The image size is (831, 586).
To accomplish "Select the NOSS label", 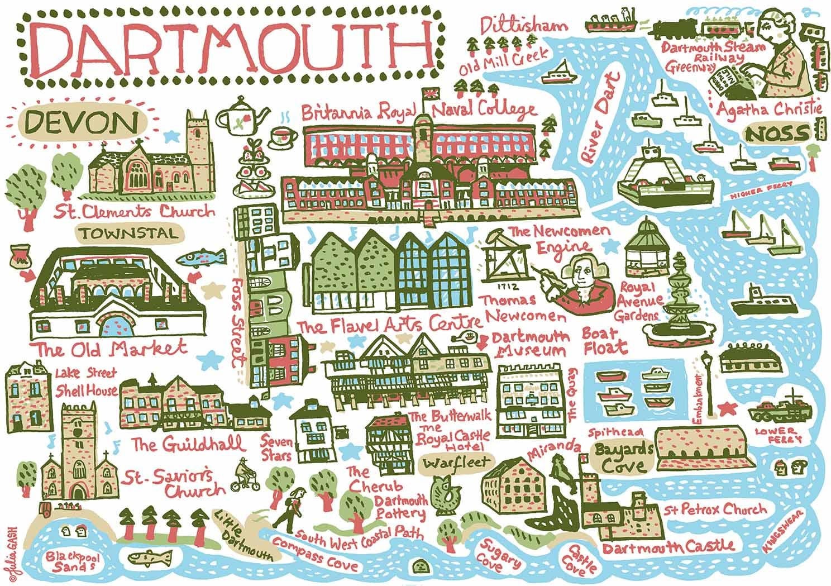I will (784, 133).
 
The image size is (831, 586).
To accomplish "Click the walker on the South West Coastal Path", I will (294, 509).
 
